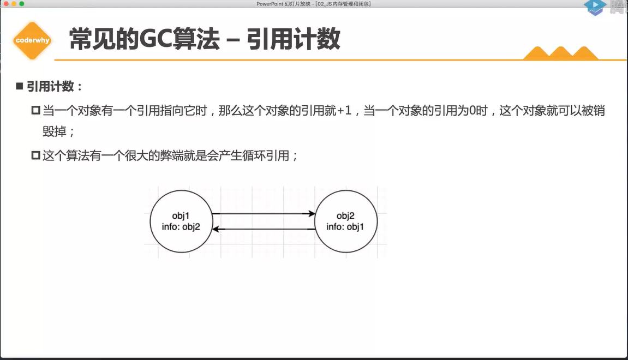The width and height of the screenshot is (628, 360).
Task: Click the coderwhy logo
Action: (x=32, y=40)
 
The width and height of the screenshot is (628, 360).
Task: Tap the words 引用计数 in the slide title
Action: (x=294, y=39)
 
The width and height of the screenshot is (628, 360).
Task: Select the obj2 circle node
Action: (x=345, y=221)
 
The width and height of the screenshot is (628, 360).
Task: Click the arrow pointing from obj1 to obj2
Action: (x=264, y=213)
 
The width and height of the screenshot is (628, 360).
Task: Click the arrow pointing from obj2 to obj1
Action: (x=264, y=229)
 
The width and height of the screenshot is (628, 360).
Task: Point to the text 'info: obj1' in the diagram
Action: (x=345, y=227)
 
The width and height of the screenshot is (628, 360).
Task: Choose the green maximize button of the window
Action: (x=22, y=4)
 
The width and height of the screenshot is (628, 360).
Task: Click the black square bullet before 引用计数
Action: (x=20, y=86)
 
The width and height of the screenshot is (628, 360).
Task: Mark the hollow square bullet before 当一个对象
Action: (x=36, y=111)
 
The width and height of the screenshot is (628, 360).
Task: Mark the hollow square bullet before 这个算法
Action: (x=36, y=155)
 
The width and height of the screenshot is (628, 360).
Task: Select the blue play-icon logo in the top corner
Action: (x=595, y=7)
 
